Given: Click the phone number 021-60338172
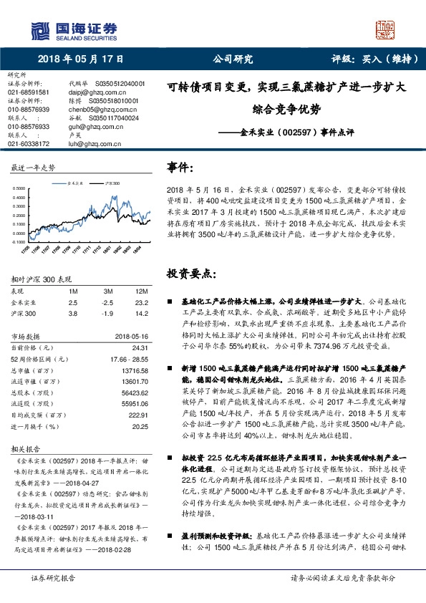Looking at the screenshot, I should tap(29, 143).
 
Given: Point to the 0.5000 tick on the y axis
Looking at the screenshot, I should tap(21, 188).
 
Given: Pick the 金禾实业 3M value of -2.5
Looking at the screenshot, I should tap(108, 282).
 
